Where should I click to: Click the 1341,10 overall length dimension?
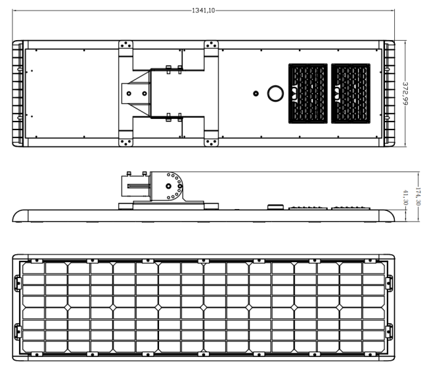[204, 11]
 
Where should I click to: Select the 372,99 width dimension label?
[405, 93]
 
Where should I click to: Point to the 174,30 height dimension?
[418, 197]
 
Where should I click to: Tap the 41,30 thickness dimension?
[405, 198]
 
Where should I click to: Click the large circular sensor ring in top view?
[275, 93]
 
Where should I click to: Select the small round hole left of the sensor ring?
[256, 93]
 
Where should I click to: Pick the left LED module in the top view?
[308, 93]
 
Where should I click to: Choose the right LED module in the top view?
[351, 93]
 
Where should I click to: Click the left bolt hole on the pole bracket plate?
[129, 93]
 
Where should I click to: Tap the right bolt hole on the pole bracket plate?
[145, 93]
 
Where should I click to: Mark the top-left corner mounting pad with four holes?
[125, 45]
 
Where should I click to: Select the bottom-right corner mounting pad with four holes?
[211, 142]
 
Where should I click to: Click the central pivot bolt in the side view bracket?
[169, 186]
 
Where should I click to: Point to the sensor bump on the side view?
[275, 207]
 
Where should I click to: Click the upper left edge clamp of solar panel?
[18, 283]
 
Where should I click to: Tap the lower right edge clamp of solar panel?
[390, 332]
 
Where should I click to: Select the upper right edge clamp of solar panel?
[390, 283]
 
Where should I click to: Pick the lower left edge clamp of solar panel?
[18, 332]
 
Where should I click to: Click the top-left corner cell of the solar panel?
[34, 268]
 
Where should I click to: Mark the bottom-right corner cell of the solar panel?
[374, 346]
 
